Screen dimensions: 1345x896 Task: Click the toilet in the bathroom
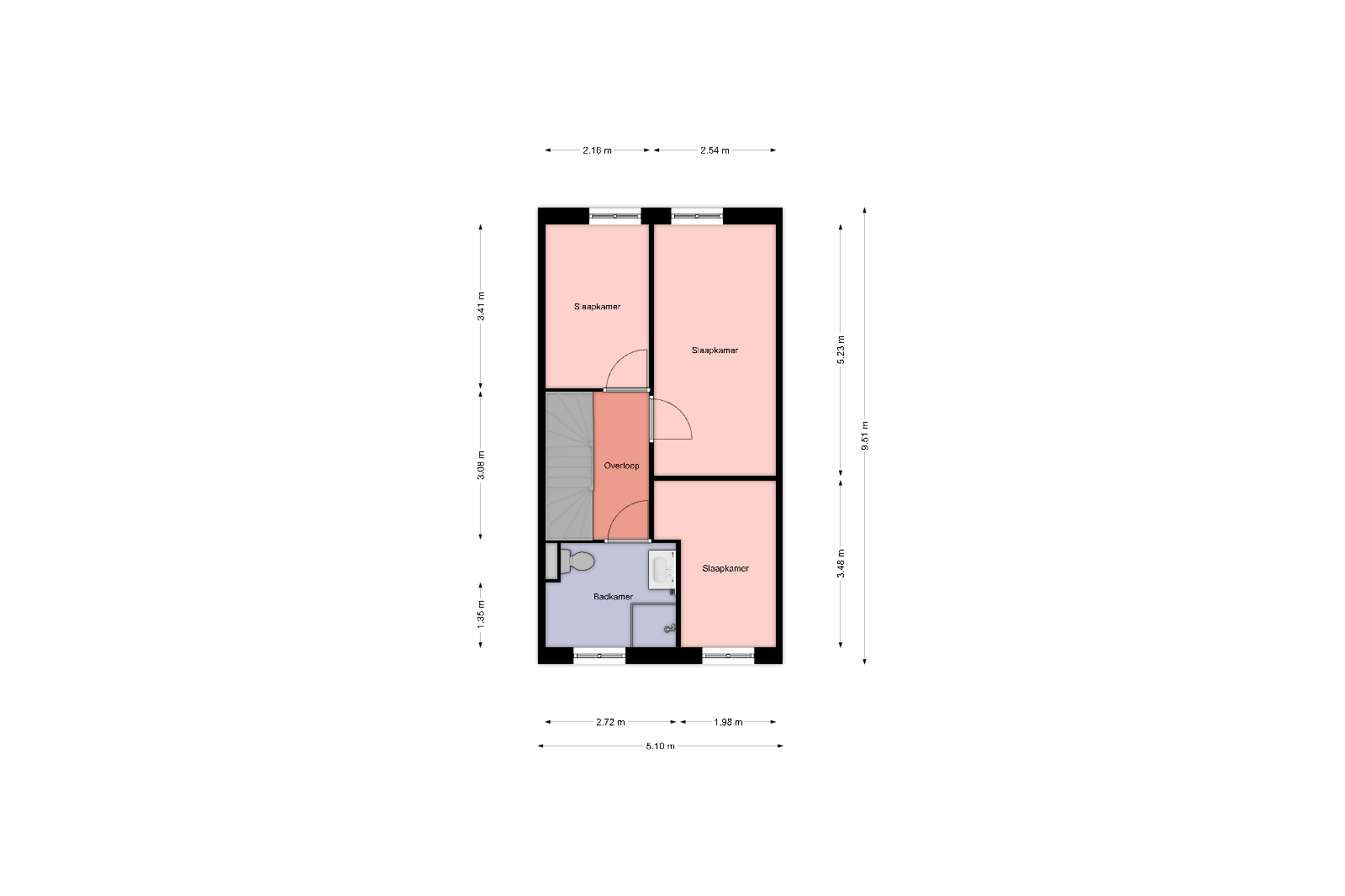[577, 561]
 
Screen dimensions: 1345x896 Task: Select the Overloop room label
[621, 466]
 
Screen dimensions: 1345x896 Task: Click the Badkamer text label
[613, 597]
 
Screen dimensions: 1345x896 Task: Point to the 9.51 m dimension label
[865, 435]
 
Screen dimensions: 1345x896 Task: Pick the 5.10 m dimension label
[661, 746]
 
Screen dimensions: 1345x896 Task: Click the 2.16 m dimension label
[597, 150]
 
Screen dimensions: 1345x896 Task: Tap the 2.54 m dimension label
[715, 150]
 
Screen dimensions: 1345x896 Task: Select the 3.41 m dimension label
[481, 306]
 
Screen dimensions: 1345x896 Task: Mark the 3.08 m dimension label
[481, 466]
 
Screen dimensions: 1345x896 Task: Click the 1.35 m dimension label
[481, 615]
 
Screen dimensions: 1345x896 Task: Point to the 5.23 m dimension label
[841, 350]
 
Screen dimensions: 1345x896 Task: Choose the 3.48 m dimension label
[841, 563]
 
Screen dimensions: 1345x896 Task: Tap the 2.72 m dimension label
[610, 722]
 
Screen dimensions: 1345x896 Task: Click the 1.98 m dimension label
[728, 722]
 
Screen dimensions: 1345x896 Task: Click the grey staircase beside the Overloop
[569, 466]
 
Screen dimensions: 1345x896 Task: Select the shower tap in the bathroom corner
[669, 629]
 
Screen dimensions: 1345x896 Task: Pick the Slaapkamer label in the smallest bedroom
[725, 568]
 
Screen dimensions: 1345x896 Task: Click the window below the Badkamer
[599, 656]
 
